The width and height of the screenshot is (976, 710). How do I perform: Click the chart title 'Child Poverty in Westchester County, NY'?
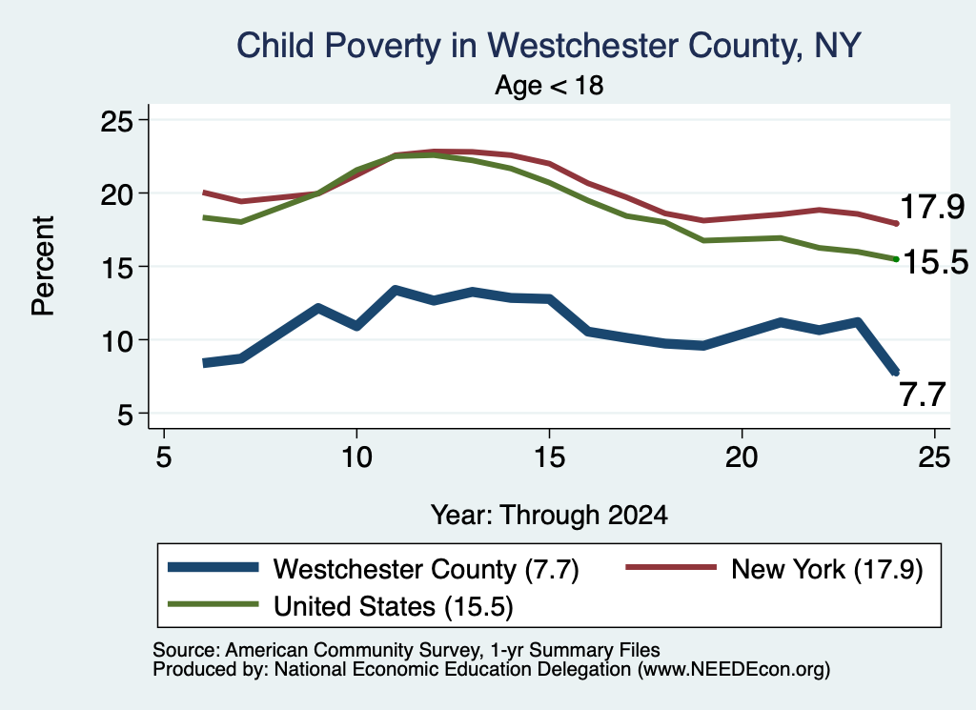548,46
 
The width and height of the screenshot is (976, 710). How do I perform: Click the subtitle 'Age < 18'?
549,85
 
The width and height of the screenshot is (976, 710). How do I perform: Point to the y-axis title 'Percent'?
43,266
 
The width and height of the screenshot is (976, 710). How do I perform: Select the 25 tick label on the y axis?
117,121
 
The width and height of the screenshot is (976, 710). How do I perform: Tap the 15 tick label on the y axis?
117,268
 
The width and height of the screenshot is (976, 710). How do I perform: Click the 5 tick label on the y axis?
125,415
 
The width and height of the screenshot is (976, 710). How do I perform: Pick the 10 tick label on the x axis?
356,458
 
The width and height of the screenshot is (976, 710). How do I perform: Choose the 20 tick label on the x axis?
742,458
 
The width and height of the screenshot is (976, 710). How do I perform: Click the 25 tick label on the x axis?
934,458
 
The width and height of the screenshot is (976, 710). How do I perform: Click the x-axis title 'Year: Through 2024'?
549,516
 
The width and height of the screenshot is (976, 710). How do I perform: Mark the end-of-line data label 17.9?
932,207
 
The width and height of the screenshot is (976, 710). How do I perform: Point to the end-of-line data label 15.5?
935,262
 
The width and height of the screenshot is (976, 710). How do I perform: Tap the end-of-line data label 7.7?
923,395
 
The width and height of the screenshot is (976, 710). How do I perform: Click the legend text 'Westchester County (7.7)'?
426,569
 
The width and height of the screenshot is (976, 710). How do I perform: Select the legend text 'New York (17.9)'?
827,569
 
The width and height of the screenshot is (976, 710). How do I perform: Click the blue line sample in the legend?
213,567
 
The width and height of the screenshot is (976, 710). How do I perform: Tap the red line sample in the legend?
671,567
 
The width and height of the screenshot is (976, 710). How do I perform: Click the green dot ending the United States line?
896,259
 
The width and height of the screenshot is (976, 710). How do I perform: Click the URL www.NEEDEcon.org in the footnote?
733,670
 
